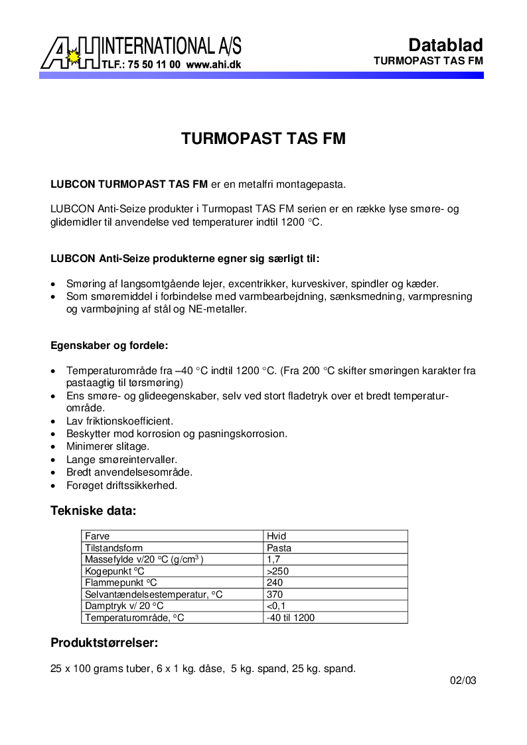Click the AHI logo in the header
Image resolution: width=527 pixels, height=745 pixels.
pyautogui.click(x=70, y=53)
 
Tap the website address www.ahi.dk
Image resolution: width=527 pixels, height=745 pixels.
pyautogui.click(x=213, y=65)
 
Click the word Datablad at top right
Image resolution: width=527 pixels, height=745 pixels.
pyautogui.click(x=445, y=45)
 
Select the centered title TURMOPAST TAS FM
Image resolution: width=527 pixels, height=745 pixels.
pyautogui.click(x=263, y=139)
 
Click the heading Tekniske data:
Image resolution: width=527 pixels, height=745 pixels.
pyautogui.click(x=93, y=511)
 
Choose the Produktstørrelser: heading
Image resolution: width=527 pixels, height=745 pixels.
pyautogui.click(x=104, y=643)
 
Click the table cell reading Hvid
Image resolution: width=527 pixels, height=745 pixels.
pyautogui.click(x=276, y=536)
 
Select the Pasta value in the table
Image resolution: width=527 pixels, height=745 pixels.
pyautogui.click(x=279, y=548)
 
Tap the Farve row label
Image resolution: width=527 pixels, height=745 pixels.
pyautogui.click(x=97, y=536)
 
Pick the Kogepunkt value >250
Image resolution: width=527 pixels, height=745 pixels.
pyautogui.click(x=277, y=571)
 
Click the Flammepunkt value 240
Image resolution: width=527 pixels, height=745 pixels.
pyautogui.click(x=275, y=582)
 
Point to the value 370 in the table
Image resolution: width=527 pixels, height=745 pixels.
pyautogui.click(x=275, y=594)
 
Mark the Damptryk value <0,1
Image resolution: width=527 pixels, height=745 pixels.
pyautogui.click(x=276, y=606)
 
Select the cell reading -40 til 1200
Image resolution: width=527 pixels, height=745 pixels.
pyautogui.click(x=290, y=618)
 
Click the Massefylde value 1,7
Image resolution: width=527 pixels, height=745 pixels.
pyautogui.click(x=273, y=559)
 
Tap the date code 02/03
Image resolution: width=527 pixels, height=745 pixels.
pyautogui.click(x=463, y=681)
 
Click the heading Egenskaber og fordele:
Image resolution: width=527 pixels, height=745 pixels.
pyautogui.click(x=110, y=346)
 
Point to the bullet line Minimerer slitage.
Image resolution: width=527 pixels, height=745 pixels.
pyautogui.click(x=108, y=446)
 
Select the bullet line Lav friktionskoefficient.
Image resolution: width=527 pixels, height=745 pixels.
pyautogui.click(x=119, y=421)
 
